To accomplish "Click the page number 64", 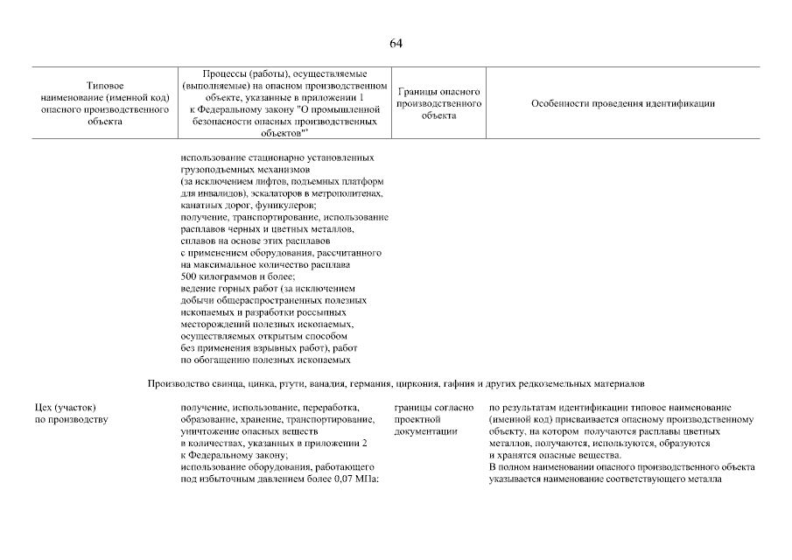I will coord(396,43).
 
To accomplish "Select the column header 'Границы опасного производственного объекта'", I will coord(438,103).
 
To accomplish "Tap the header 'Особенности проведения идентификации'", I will coord(622,103).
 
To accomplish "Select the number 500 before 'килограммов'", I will coord(189,276).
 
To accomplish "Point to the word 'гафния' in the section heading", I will coord(495,383).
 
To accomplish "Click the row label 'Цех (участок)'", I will coord(64,408).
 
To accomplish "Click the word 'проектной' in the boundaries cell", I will coord(417,420).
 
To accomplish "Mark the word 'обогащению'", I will coord(218,360).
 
